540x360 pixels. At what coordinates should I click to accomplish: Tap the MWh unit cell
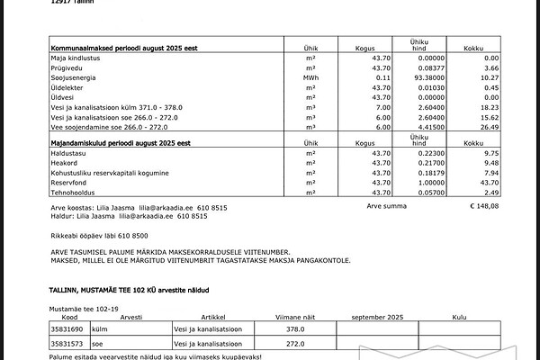pos(311,78)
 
